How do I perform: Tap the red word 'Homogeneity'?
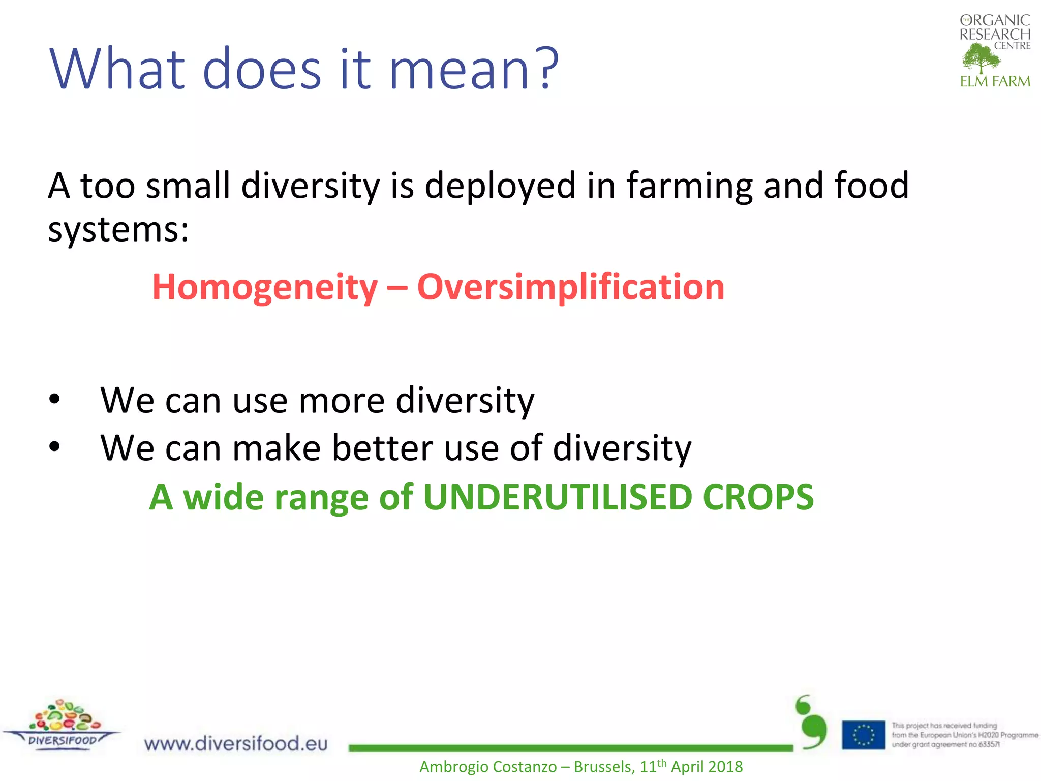[265, 287]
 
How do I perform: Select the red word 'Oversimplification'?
[570, 287]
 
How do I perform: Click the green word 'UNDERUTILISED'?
[557, 497]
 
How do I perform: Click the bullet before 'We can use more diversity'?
[54, 400]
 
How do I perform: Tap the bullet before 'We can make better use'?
[54, 447]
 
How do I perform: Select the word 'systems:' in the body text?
[118, 230]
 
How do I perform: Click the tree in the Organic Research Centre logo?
[981, 58]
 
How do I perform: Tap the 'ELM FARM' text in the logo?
[995, 81]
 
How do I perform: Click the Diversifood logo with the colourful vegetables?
[62, 724]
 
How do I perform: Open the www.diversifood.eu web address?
[236, 743]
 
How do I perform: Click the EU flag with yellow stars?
[863, 735]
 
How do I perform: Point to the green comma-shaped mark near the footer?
[812, 723]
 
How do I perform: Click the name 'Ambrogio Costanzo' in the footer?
[487, 767]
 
